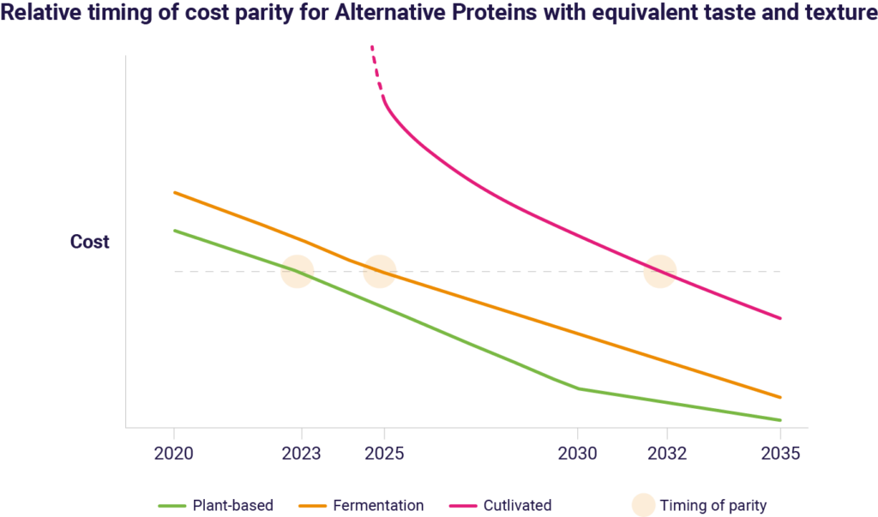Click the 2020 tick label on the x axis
(174, 454)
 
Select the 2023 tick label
(301, 454)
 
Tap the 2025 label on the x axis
(384, 454)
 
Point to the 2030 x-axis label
(577, 454)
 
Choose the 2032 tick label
(666, 454)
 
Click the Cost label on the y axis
(89, 242)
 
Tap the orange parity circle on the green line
(298, 272)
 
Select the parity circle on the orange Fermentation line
(380, 272)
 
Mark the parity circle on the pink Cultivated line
(660, 272)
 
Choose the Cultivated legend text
(517, 505)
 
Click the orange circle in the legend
(643, 505)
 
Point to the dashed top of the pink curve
(374, 64)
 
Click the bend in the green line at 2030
(579, 388)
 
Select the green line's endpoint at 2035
(779, 420)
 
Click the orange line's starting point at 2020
(175, 192)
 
